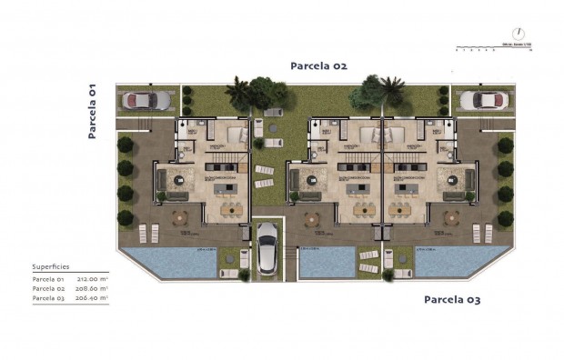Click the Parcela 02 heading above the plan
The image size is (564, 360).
tap(318, 65)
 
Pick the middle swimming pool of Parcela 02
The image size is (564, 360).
tap(327, 263)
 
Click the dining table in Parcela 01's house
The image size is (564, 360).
tap(228, 209)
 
